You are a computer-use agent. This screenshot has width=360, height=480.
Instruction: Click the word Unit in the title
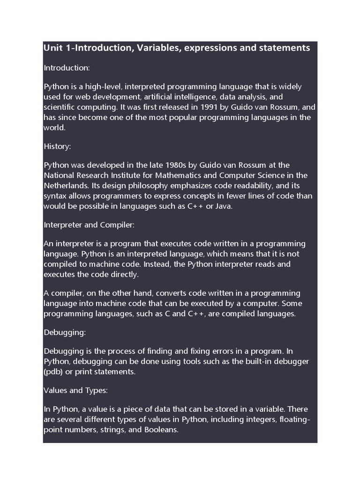(52, 48)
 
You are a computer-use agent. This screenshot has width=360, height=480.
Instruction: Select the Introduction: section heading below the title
(67, 68)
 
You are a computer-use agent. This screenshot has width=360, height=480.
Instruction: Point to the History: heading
(57, 147)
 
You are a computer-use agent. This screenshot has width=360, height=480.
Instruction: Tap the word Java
(224, 206)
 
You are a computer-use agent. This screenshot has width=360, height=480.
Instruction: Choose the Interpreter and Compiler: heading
(89, 225)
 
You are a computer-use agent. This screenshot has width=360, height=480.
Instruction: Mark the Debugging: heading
(64, 332)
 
